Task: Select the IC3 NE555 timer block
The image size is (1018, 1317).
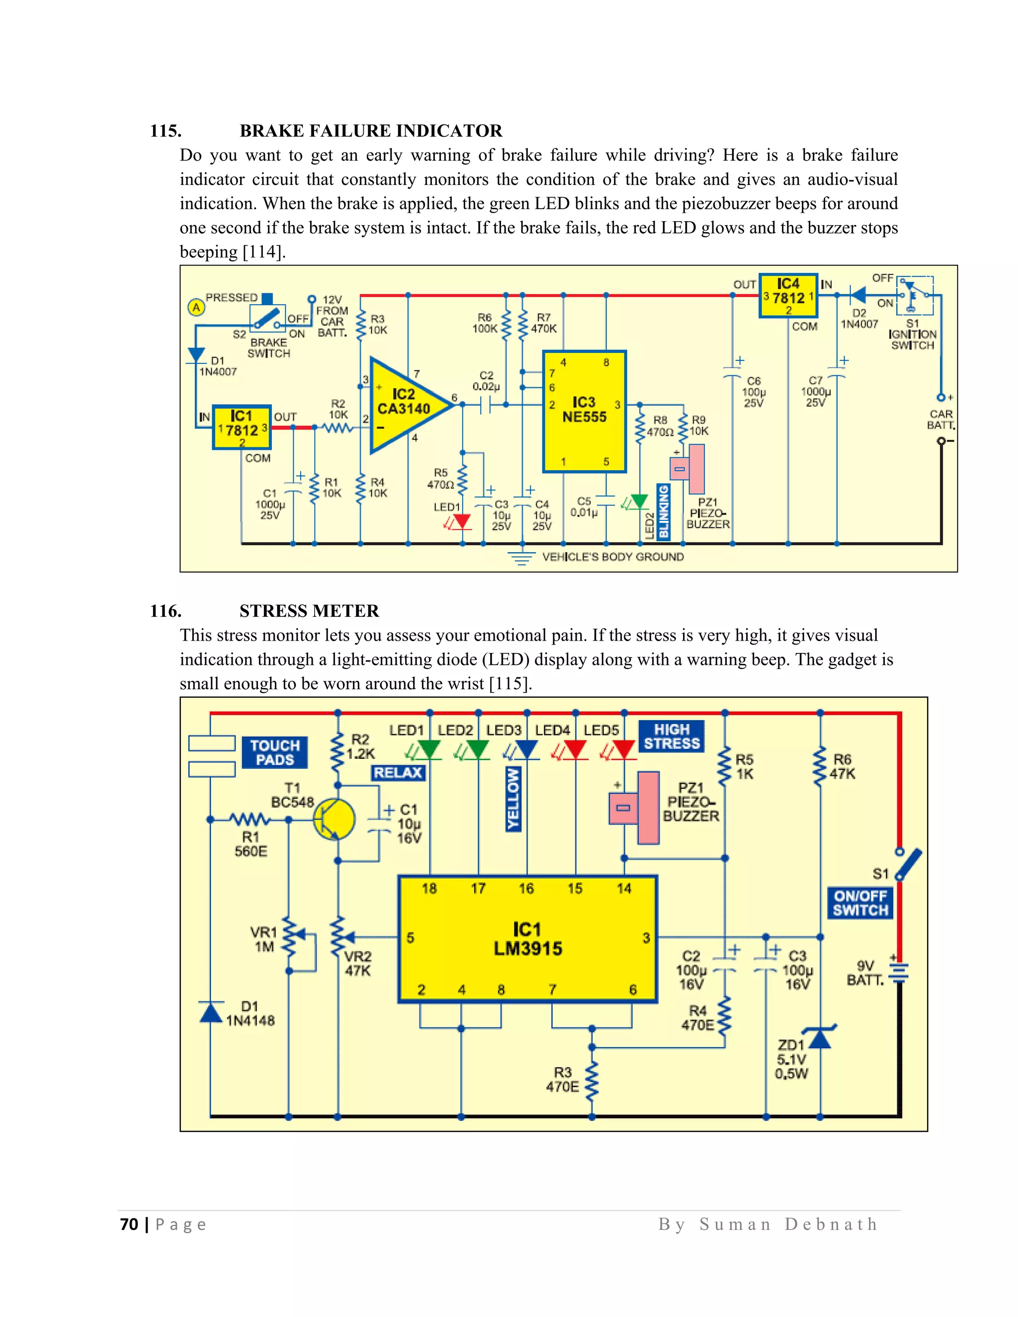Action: click(584, 412)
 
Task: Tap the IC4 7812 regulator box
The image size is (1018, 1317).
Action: click(788, 296)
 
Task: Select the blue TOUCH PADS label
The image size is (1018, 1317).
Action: click(274, 752)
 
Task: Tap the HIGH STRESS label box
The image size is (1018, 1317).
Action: click(671, 737)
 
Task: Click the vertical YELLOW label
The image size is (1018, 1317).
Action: click(513, 799)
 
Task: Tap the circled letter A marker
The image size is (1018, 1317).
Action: click(196, 308)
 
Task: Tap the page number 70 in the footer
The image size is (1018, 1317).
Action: click(129, 1224)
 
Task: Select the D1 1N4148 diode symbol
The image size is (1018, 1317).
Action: click(210, 1012)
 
